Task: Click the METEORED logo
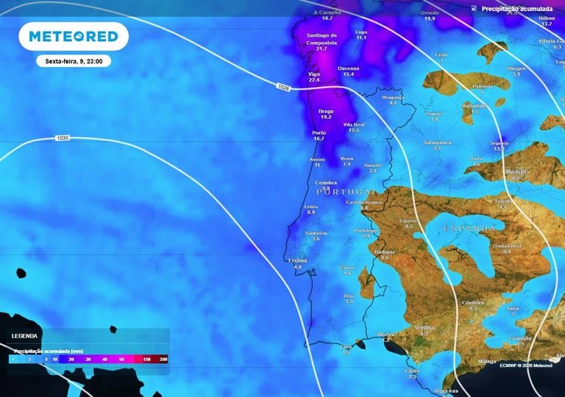[73, 37]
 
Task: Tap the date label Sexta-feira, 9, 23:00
[74, 62]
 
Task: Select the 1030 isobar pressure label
[63, 138]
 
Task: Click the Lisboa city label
[298, 260]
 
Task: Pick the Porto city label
[319, 133]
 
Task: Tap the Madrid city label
[516, 171]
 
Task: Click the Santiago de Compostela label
[321, 37]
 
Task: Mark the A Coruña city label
[327, 12]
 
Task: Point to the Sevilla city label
[424, 326]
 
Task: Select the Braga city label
[326, 111]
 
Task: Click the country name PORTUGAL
[341, 191]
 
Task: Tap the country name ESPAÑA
[469, 229]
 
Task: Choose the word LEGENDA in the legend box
[26, 335]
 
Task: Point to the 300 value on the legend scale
[163, 360]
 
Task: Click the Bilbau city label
[546, 18]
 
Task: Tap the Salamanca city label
[437, 142]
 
